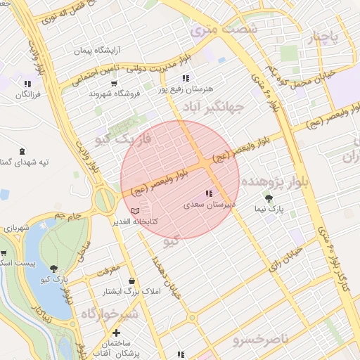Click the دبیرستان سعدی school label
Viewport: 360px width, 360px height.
click(x=208, y=206)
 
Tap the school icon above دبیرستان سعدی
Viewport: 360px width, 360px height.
click(x=208, y=193)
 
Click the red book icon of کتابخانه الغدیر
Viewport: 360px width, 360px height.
click(x=135, y=210)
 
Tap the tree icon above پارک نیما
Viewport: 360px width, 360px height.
click(x=268, y=199)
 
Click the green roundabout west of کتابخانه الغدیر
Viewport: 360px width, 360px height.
click(x=104, y=200)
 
